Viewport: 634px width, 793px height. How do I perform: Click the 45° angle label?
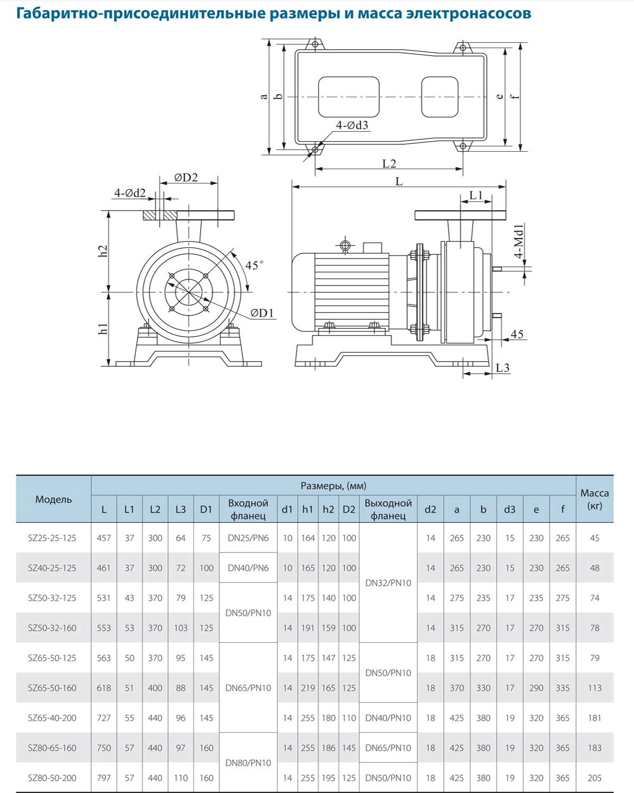[x=254, y=265]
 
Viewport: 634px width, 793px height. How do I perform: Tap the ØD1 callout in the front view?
[x=263, y=313]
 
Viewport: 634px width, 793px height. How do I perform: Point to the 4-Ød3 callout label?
[x=352, y=125]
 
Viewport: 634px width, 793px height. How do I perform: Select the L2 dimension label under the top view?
[x=389, y=163]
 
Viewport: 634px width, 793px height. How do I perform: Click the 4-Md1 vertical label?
[x=519, y=241]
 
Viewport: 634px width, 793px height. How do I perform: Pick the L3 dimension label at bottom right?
[x=502, y=367]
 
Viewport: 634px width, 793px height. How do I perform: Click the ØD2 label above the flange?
[x=186, y=178]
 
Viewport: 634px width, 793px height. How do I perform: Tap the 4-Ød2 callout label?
[x=129, y=193]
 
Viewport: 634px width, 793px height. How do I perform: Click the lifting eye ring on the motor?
[x=345, y=245]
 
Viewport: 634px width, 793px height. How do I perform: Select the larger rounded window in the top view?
[x=349, y=97]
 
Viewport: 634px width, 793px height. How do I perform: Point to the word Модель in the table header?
[x=53, y=500]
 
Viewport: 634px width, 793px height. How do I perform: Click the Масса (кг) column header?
[x=594, y=499]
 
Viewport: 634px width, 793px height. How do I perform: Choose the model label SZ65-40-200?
[x=52, y=718]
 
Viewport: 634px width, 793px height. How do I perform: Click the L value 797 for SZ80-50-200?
[x=104, y=778]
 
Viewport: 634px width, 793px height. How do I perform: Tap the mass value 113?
[x=594, y=688]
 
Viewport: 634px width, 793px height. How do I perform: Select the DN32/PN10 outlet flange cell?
[x=388, y=583]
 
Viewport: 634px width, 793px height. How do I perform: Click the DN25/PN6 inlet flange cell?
[x=248, y=538]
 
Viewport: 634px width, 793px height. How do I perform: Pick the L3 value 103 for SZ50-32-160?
[x=181, y=628]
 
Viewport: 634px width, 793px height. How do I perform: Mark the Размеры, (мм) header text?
[x=333, y=486]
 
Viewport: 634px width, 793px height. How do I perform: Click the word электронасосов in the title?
[x=469, y=13]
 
